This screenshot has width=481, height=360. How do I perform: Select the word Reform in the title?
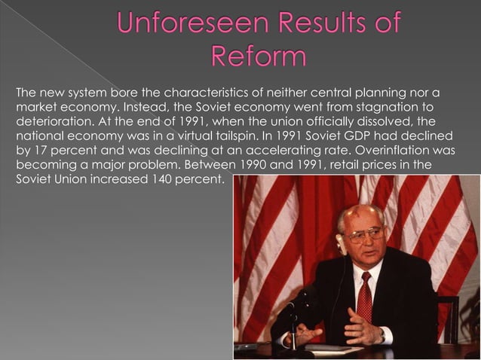pyautogui.click(x=259, y=56)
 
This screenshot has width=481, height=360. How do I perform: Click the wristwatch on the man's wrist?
pyautogui.click(x=381, y=331)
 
